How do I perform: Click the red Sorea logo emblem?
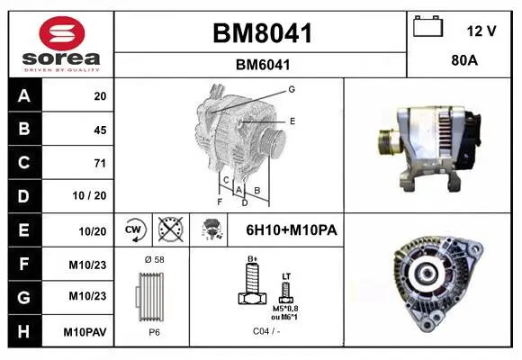click(62, 33)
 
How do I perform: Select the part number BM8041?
click(262, 33)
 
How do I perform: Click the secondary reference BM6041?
click(263, 65)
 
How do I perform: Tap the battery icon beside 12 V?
click(427, 26)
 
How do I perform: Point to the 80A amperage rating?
click(464, 60)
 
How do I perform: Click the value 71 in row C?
click(100, 163)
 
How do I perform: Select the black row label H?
click(24, 331)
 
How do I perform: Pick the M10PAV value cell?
click(85, 332)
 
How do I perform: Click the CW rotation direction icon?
click(133, 229)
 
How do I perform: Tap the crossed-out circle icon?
click(171, 229)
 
